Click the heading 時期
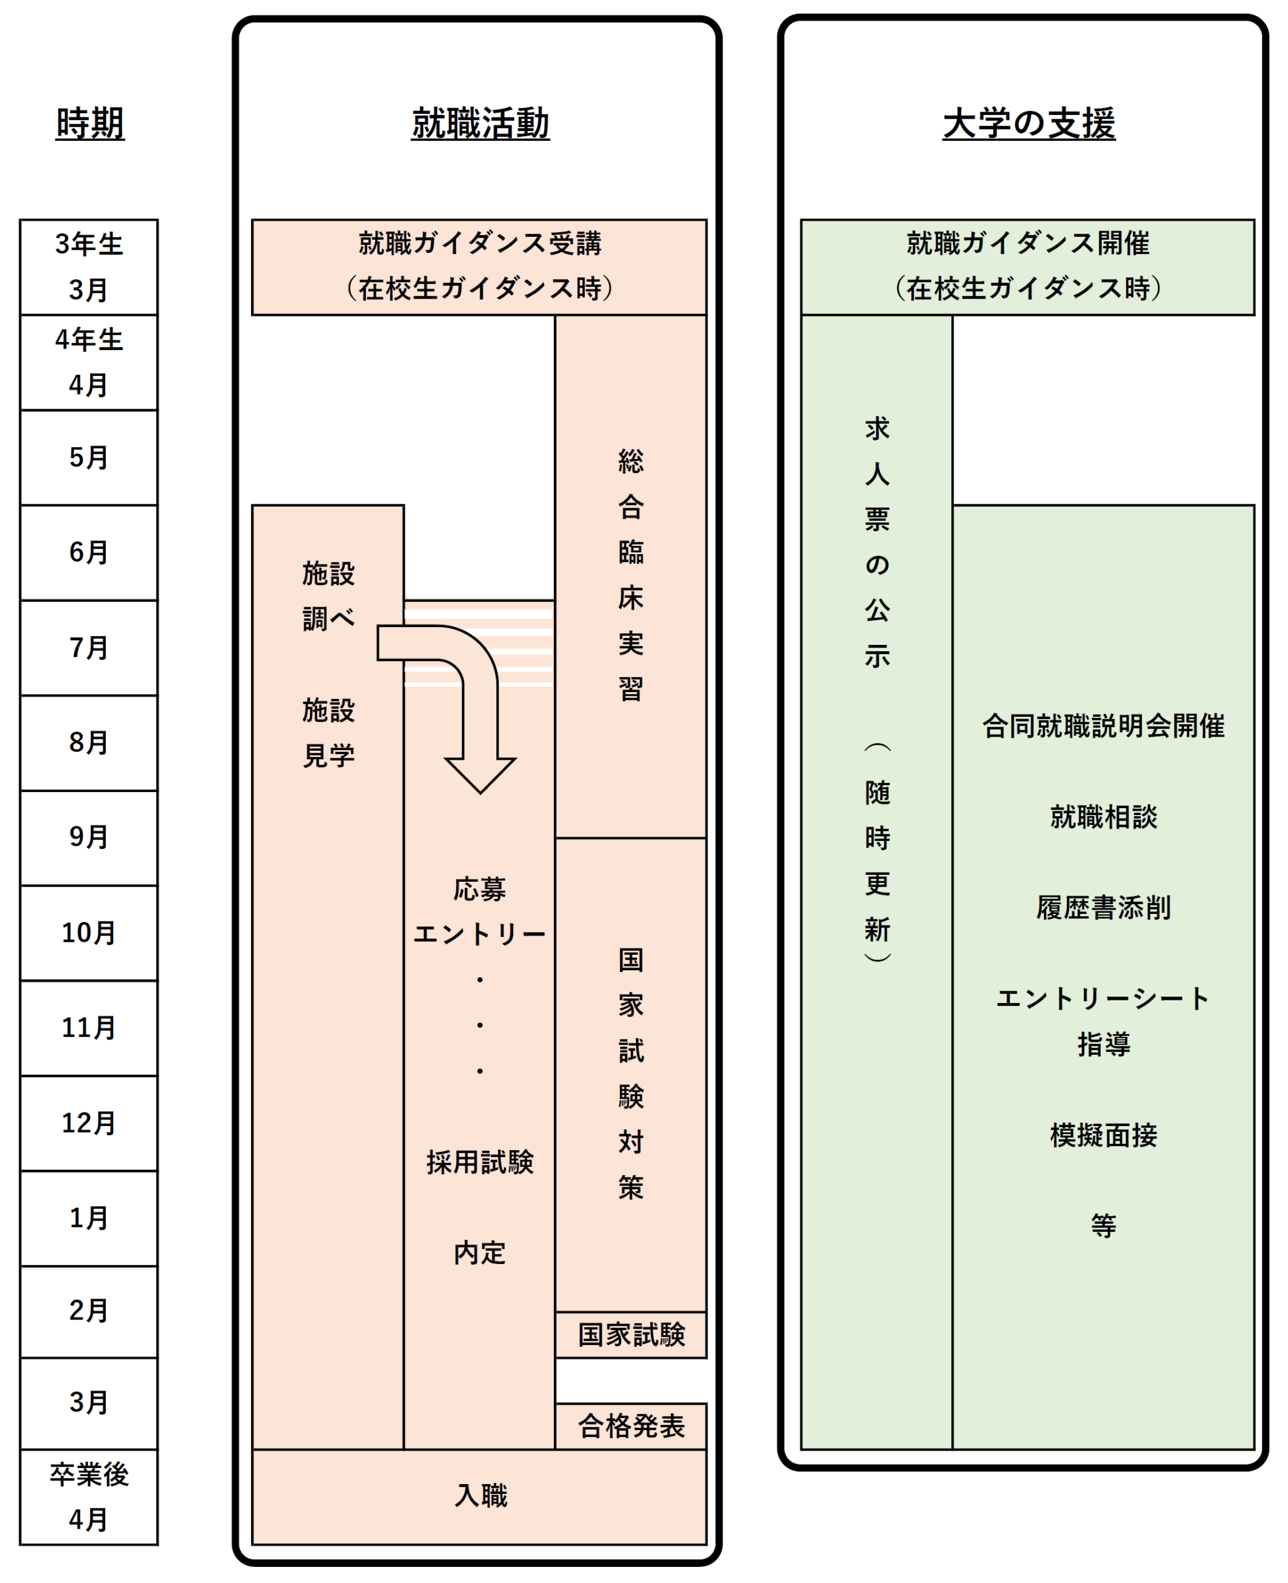pyautogui.click(x=90, y=122)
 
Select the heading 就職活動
pyautogui.click(x=480, y=122)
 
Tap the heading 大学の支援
pyautogui.click(x=1028, y=122)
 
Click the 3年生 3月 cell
pyautogui.click(x=89, y=267)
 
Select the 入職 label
pyautogui.click(x=480, y=1495)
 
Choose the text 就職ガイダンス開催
pyautogui.click(x=1028, y=244)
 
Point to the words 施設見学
pyautogui.click(x=328, y=733)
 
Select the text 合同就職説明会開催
pyautogui.click(x=1103, y=726)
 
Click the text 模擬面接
pyautogui.click(x=1103, y=1135)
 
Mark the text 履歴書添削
pyautogui.click(x=1103, y=908)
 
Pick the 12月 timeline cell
pyautogui.click(x=89, y=1123)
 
